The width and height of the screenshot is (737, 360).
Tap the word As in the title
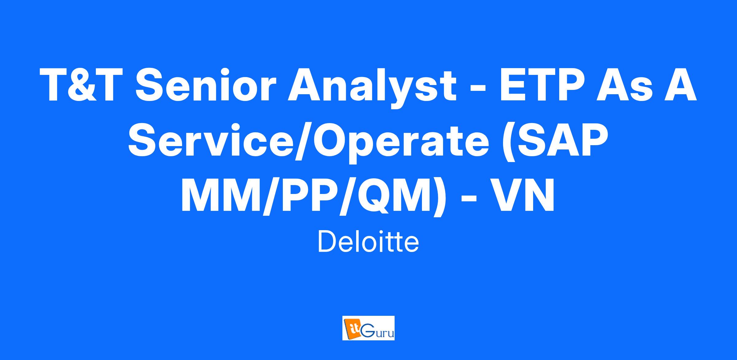coord(625,84)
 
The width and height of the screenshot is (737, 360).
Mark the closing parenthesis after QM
coord(439,199)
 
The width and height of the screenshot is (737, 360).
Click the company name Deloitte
coord(368,242)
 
